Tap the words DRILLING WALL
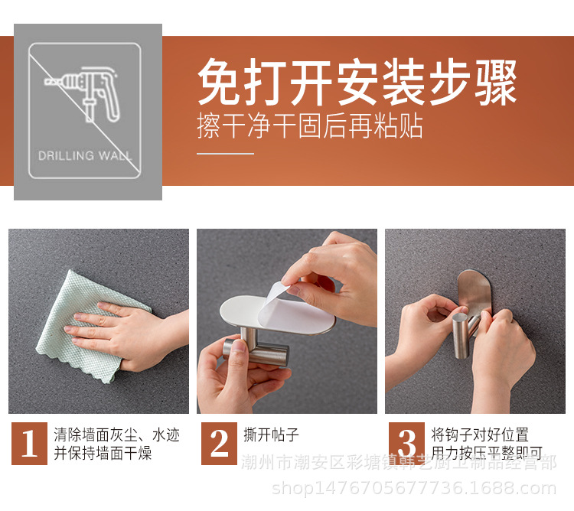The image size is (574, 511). [85, 155]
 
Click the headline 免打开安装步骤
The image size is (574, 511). [357, 83]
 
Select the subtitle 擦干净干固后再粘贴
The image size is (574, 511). [310, 125]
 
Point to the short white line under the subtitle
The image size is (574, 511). [225, 154]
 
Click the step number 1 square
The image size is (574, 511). [29, 444]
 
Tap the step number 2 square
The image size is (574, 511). [220, 444]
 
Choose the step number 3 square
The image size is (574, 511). [406, 444]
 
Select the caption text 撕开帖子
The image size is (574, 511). [271, 435]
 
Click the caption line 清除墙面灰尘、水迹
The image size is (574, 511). [117, 435]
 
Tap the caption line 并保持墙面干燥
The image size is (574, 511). [103, 454]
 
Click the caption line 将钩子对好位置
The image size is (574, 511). [480, 435]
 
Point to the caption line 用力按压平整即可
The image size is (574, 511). [487, 454]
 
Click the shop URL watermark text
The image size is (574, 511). [414, 488]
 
